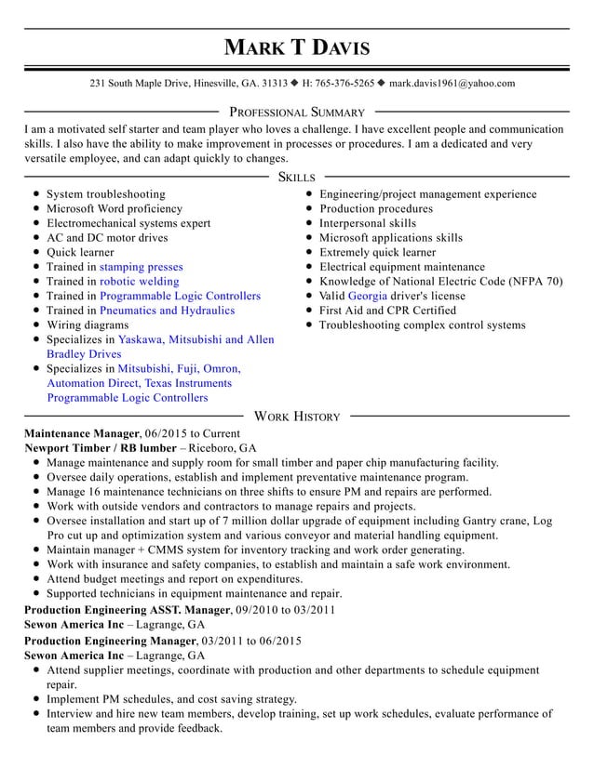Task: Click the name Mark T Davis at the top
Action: pyautogui.click(x=296, y=47)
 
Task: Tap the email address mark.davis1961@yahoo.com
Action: pyautogui.click(x=452, y=84)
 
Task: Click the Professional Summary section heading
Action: pyautogui.click(x=296, y=113)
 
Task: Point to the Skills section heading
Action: pyautogui.click(x=296, y=177)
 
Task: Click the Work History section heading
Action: pyautogui.click(x=296, y=417)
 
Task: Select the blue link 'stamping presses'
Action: pyautogui.click(x=142, y=267)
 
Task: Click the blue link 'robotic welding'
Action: pyautogui.click(x=140, y=282)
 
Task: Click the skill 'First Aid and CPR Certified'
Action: pyautogui.click(x=387, y=311)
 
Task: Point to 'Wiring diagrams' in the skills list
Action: pyautogui.click(x=88, y=325)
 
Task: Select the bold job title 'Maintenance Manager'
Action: pyautogui.click(x=81, y=433)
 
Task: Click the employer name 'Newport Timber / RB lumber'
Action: pyautogui.click(x=100, y=448)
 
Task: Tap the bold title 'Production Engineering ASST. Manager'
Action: pyautogui.click(x=127, y=610)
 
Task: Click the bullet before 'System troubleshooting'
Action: pyautogui.click(x=34, y=194)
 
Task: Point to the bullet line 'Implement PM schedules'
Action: pyautogui.click(x=171, y=699)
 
